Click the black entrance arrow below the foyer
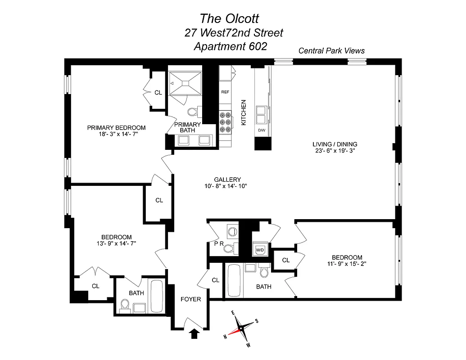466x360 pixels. [x=195, y=333]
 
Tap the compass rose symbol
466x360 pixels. [x=241, y=328]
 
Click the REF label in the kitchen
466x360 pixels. [x=225, y=92]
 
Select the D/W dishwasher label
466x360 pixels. [x=262, y=130]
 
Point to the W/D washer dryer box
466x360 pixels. [x=260, y=249]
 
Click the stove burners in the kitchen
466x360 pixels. [x=225, y=121]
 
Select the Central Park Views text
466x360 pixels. [x=331, y=51]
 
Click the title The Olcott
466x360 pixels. [x=229, y=18]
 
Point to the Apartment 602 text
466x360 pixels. [x=230, y=46]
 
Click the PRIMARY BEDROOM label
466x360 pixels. [x=116, y=127]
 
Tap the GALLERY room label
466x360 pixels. [x=227, y=179]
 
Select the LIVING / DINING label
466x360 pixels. [x=335, y=144]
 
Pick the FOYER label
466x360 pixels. [x=190, y=299]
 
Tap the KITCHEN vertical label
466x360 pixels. [x=244, y=112]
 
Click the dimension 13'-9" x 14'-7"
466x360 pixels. [x=116, y=243]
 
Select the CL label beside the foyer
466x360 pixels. [x=216, y=280]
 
